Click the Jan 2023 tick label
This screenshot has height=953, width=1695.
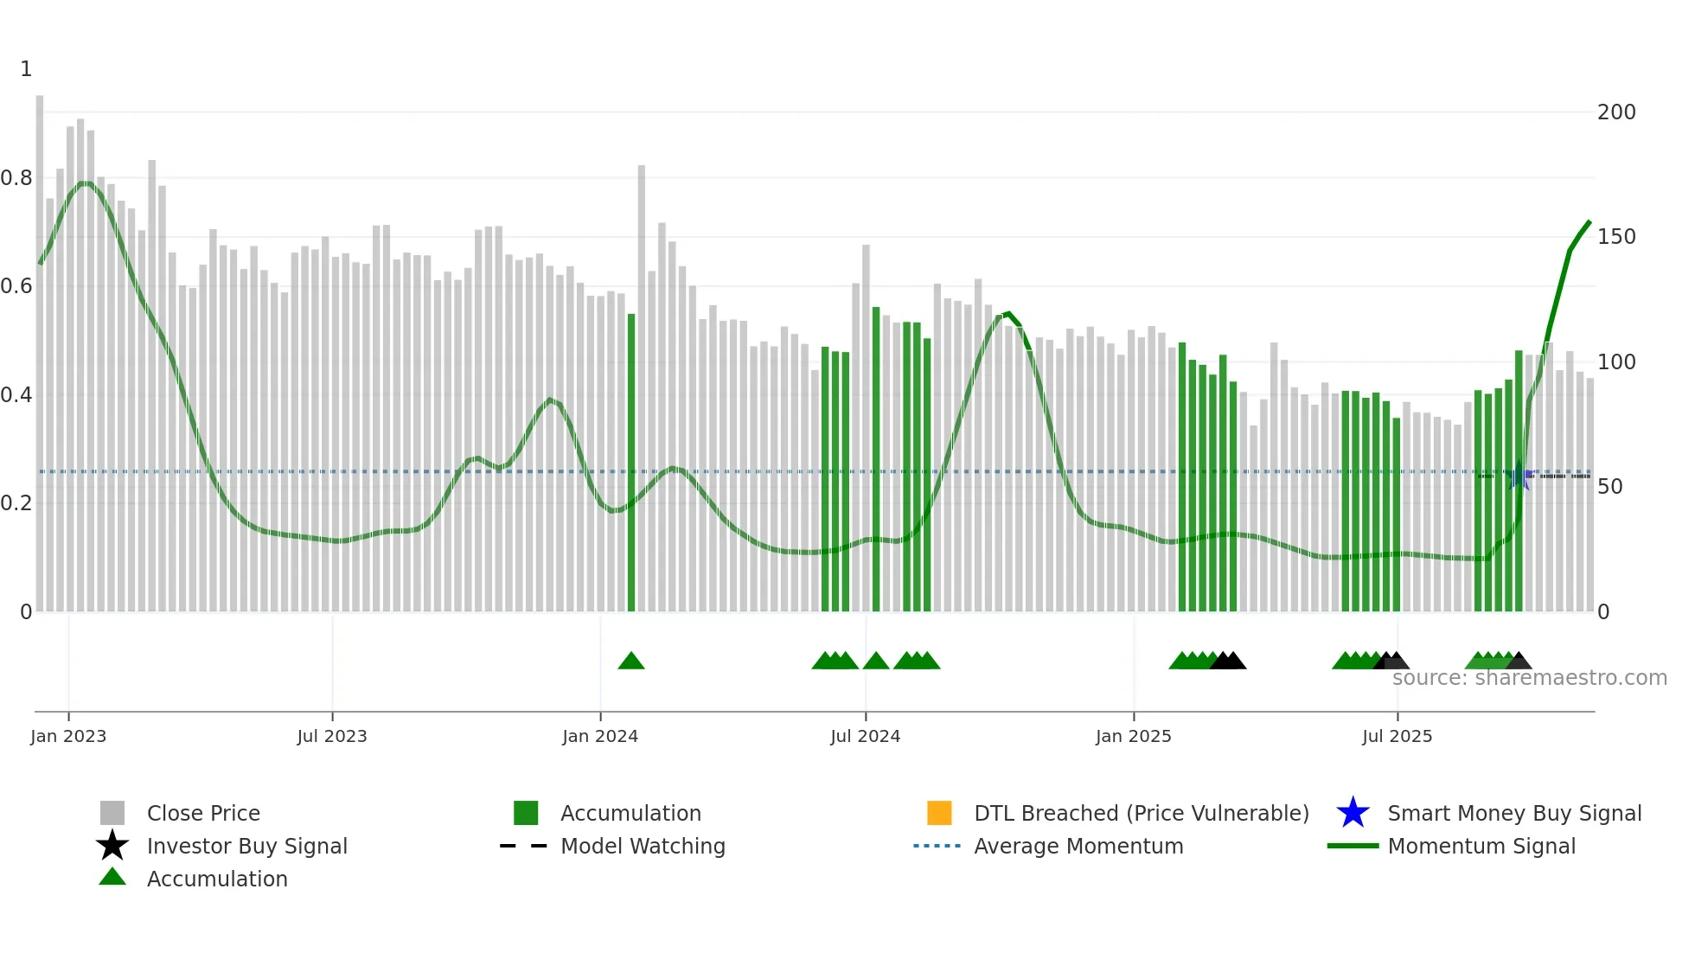click(68, 736)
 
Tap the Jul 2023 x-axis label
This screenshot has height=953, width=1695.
click(332, 736)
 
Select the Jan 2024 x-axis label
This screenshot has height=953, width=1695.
click(600, 736)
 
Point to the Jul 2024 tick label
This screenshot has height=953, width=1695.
click(865, 736)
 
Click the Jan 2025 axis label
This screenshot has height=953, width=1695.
click(1133, 736)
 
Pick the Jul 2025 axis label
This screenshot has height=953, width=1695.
click(1397, 736)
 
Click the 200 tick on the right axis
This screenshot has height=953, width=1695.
click(1616, 112)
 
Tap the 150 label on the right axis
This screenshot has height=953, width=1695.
click(1616, 237)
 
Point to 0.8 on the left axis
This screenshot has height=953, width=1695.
click(16, 178)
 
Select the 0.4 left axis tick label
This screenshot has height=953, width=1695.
click(16, 395)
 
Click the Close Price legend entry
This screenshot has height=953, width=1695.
click(203, 813)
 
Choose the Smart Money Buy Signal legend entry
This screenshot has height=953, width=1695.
click(1514, 813)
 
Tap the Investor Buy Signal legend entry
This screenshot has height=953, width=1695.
click(246, 846)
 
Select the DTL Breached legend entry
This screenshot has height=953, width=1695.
click(1141, 813)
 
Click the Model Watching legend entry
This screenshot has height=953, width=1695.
click(643, 846)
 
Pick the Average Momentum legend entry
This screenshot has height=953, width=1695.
click(1078, 846)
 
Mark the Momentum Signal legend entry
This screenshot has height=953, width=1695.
click(1481, 846)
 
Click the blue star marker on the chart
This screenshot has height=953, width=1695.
click(1519, 476)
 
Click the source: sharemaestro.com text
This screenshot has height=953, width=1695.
click(1529, 678)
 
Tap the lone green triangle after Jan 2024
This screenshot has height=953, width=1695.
click(631, 662)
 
